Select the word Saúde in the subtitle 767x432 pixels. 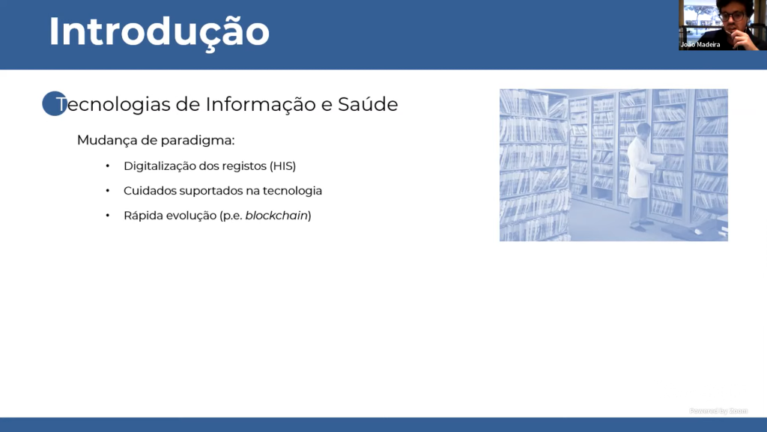click(368, 104)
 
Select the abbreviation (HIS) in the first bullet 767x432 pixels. click(282, 166)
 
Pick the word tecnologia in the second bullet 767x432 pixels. click(293, 191)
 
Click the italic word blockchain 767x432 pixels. click(276, 216)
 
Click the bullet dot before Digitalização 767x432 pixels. click(108, 166)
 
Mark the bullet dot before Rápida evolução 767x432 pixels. click(108, 216)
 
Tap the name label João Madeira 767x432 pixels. click(700, 44)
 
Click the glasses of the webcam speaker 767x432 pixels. click(732, 16)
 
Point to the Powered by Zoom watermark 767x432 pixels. click(718, 411)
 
